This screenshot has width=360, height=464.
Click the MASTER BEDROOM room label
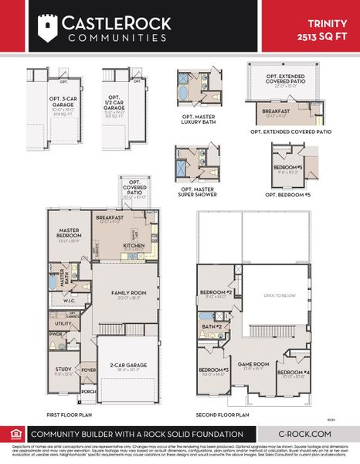(x=66, y=234)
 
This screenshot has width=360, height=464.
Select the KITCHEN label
(x=134, y=246)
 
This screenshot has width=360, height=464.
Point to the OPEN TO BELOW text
(x=277, y=295)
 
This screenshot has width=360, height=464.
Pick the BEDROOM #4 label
(x=296, y=374)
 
